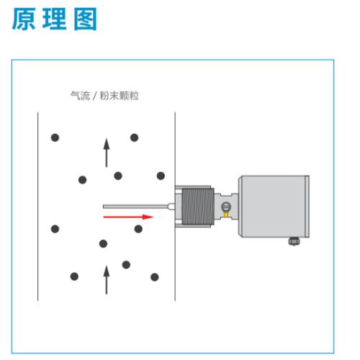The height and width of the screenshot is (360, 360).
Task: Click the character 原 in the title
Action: click(24, 19)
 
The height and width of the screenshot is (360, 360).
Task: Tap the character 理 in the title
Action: click(54, 19)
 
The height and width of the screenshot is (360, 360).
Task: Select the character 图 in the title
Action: click(85, 19)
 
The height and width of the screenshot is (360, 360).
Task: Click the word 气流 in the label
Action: click(81, 96)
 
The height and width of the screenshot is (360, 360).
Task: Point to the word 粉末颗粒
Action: click(120, 96)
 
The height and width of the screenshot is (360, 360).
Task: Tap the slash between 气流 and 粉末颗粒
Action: click(95, 96)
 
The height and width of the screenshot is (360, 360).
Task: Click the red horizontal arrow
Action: click(128, 217)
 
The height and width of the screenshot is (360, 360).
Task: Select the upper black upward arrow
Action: click(107, 153)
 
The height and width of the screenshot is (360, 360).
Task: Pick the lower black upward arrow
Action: click(107, 279)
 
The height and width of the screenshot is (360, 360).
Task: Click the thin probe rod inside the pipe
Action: click(136, 207)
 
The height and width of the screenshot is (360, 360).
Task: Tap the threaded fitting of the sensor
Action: click(197, 207)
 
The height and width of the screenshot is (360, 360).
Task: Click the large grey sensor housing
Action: click(274, 207)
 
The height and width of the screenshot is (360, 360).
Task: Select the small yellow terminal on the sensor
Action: click(226, 214)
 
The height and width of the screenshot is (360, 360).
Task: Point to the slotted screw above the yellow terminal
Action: click(226, 207)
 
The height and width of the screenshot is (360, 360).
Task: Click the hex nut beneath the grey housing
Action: click(294, 241)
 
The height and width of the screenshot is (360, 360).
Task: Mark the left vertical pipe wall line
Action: click(38, 207)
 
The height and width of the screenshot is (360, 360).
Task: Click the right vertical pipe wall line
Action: click(175, 207)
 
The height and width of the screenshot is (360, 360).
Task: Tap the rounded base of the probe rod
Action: click(172, 207)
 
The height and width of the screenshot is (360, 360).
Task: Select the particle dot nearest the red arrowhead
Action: click(138, 229)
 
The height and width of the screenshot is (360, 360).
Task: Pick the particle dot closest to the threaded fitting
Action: click(161, 176)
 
